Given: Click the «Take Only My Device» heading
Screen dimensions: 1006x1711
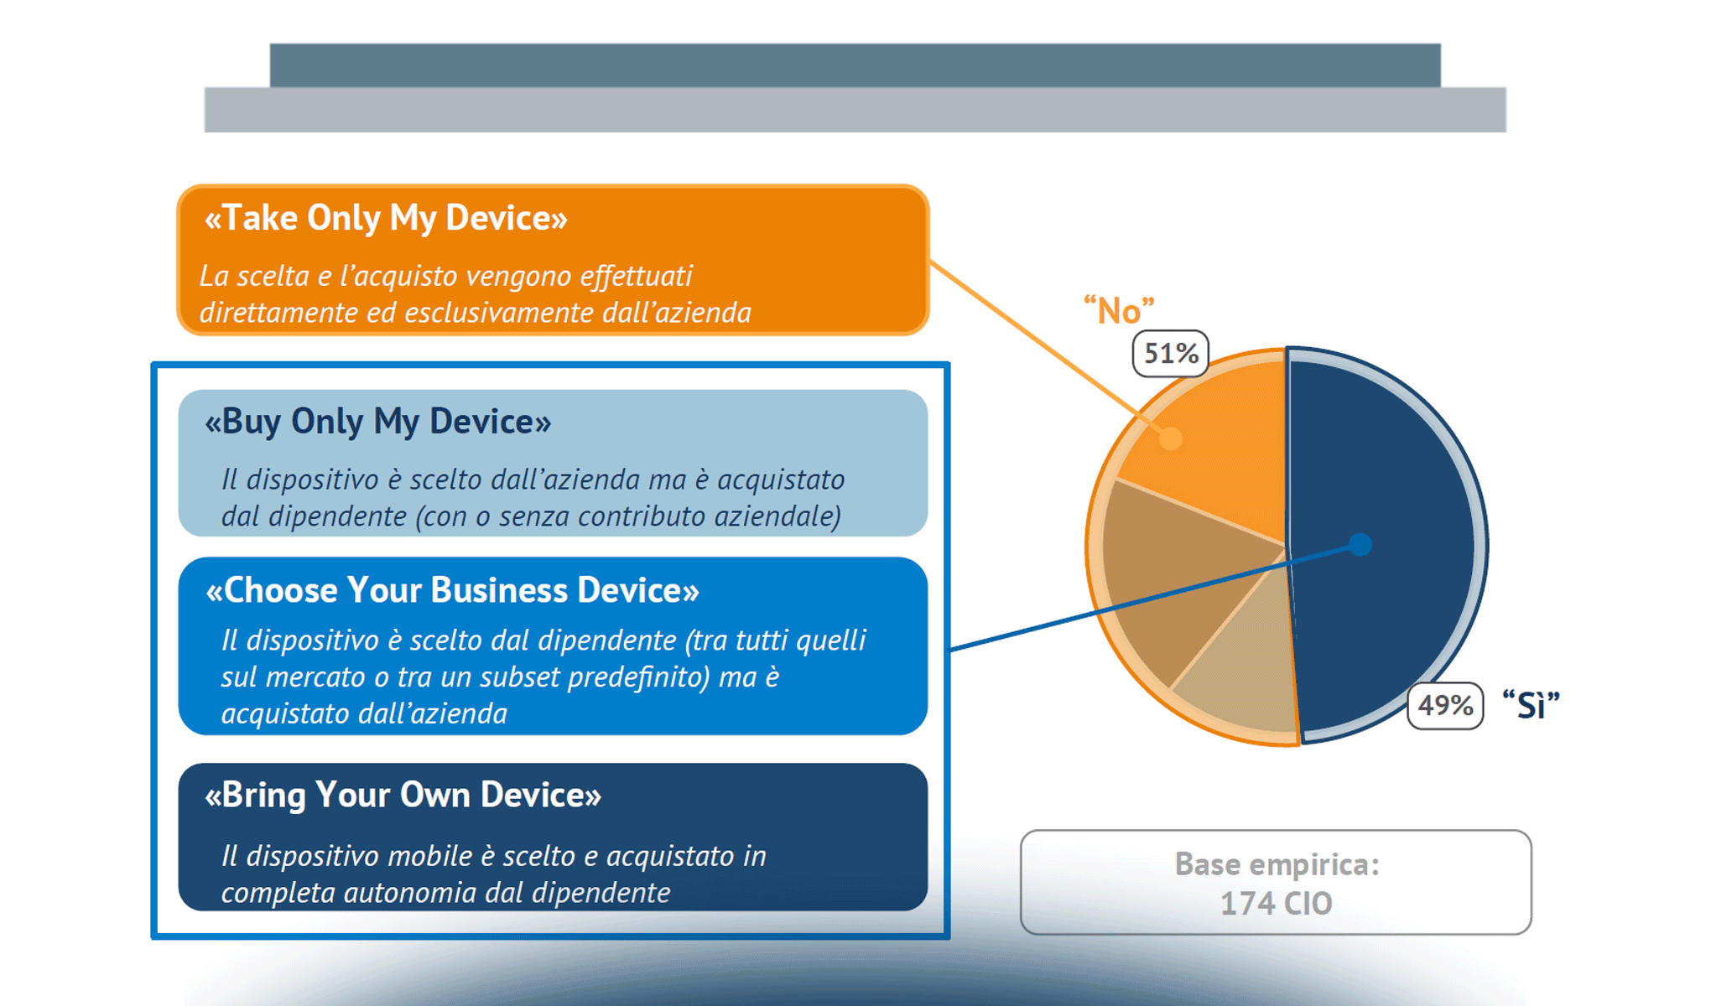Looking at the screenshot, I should pyautogui.click(x=386, y=218).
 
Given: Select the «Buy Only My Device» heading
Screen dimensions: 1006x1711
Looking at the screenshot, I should pyautogui.click(x=377, y=421).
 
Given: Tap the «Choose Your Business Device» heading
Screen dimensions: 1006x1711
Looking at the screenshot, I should pyautogui.click(x=452, y=590).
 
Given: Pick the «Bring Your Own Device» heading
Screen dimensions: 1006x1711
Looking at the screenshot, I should pyautogui.click(x=403, y=795).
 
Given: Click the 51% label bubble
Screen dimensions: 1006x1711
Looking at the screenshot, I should pyautogui.click(x=1171, y=353).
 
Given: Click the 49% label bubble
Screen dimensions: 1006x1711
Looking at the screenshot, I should pyautogui.click(x=1445, y=706).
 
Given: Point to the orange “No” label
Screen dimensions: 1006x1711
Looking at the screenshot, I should pyautogui.click(x=1119, y=310).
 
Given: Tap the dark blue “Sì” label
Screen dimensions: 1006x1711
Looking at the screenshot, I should pyautogui.click(x=1531, y=705).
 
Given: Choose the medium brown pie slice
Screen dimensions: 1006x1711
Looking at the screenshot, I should pyautogui.click(x=1174, y=578).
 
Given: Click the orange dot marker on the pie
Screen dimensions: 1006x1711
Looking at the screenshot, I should pyautogui.click(x=1171, y=438).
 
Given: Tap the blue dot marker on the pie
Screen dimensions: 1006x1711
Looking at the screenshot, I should pyautogui.click(x=1360, y=545).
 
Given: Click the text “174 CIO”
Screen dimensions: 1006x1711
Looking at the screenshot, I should pyautogui.click(x=1276, y=904).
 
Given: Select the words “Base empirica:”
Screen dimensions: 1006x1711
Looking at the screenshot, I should pyautogui.click(x=1277, y=864).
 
